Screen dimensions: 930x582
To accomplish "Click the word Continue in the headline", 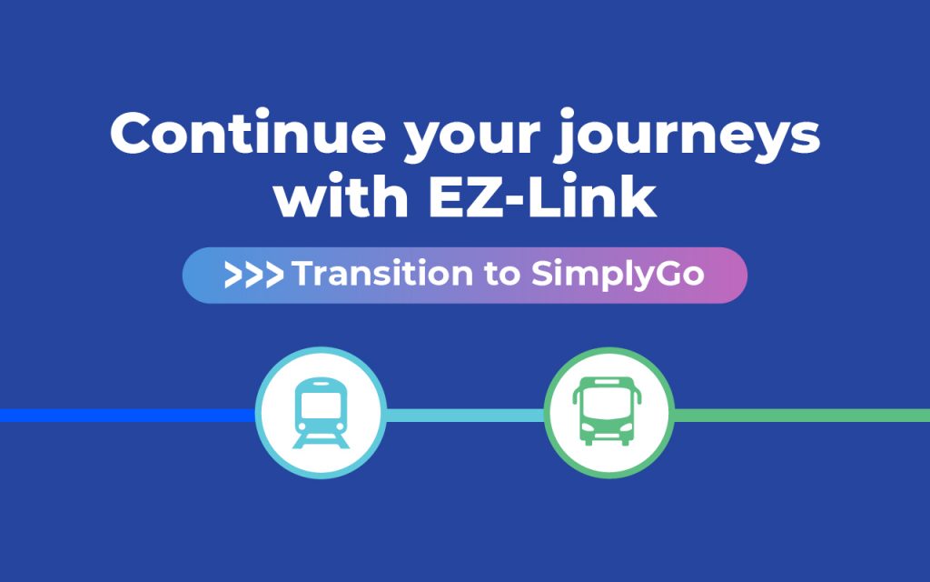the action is click(248, 133).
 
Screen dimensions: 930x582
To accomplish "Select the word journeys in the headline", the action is click(688, 136).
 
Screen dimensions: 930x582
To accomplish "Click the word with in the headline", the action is click(341, 195).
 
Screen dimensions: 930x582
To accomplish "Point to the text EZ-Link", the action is click(542, 195).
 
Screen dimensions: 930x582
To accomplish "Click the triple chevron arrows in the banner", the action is click(254, 275).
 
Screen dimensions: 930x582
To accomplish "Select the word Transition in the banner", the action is click(382, 274).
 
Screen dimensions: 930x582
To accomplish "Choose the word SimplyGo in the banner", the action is click(618, 275).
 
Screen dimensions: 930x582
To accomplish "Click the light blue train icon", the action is click(321, 413).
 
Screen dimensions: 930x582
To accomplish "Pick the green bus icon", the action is click(607, 411).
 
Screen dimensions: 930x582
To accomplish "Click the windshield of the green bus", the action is click(607, 406).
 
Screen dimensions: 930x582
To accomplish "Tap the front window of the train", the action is click(321, 406).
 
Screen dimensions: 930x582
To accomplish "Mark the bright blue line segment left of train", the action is click(128, 415).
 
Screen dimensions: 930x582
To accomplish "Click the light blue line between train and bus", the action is click(465, 415).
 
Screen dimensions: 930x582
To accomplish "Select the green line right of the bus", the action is click(801, 415).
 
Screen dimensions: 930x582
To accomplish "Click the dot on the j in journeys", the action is click(568, 114).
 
